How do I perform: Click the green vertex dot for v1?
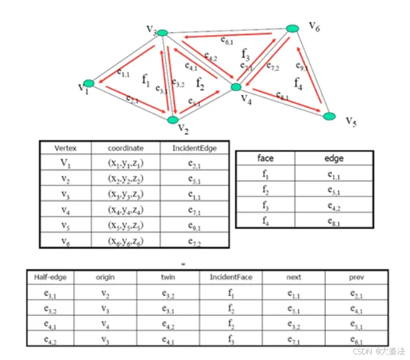(89, 84)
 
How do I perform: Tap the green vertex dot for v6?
(292, 28)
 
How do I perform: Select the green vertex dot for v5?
(329, 116)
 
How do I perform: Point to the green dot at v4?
(237, 87)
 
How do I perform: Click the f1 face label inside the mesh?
(146, 81)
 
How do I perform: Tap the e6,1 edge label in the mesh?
(227, 41)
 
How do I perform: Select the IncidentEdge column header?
(194, 148)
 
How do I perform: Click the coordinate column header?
(125, 148)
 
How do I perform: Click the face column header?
(265, 159)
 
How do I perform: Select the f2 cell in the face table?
(265, 189)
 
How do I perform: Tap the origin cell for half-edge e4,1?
(105, 323)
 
